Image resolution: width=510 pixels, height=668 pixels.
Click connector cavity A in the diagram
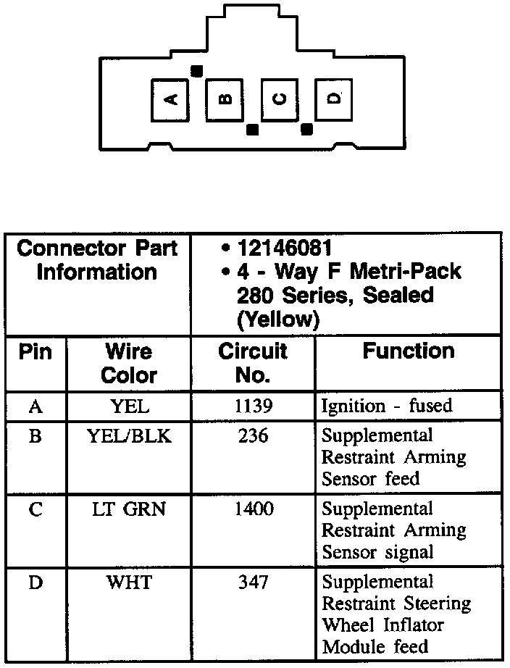pos(171,100)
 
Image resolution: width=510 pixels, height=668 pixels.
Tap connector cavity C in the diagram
pos(280,100)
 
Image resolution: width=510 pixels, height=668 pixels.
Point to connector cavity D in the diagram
pos(334,100)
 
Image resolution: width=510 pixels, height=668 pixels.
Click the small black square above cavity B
pos(196,70)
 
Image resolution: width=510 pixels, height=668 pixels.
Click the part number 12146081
pos(285,249)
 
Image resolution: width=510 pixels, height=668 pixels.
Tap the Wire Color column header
pos(129,363)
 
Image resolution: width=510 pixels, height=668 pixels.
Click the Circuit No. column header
pos(253,363)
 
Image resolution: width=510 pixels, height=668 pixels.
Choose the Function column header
pos(409,351)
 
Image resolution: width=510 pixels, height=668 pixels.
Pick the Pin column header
pos(35,352)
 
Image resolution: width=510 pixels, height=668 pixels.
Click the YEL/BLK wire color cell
pos(130,437)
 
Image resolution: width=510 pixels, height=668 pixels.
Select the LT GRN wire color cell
pos(130,510)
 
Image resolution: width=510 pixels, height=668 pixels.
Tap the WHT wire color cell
pos(130,583)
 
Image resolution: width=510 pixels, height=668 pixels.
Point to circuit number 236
pos(254,437)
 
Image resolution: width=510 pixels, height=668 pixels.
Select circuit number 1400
pos(254,510)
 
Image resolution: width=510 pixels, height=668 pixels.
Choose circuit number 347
pos(254,583)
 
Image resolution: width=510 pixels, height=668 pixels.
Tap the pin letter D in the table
pos(35,583)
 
